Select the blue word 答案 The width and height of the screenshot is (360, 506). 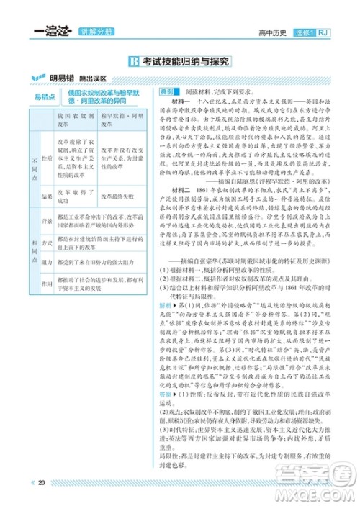click(166, 394)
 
